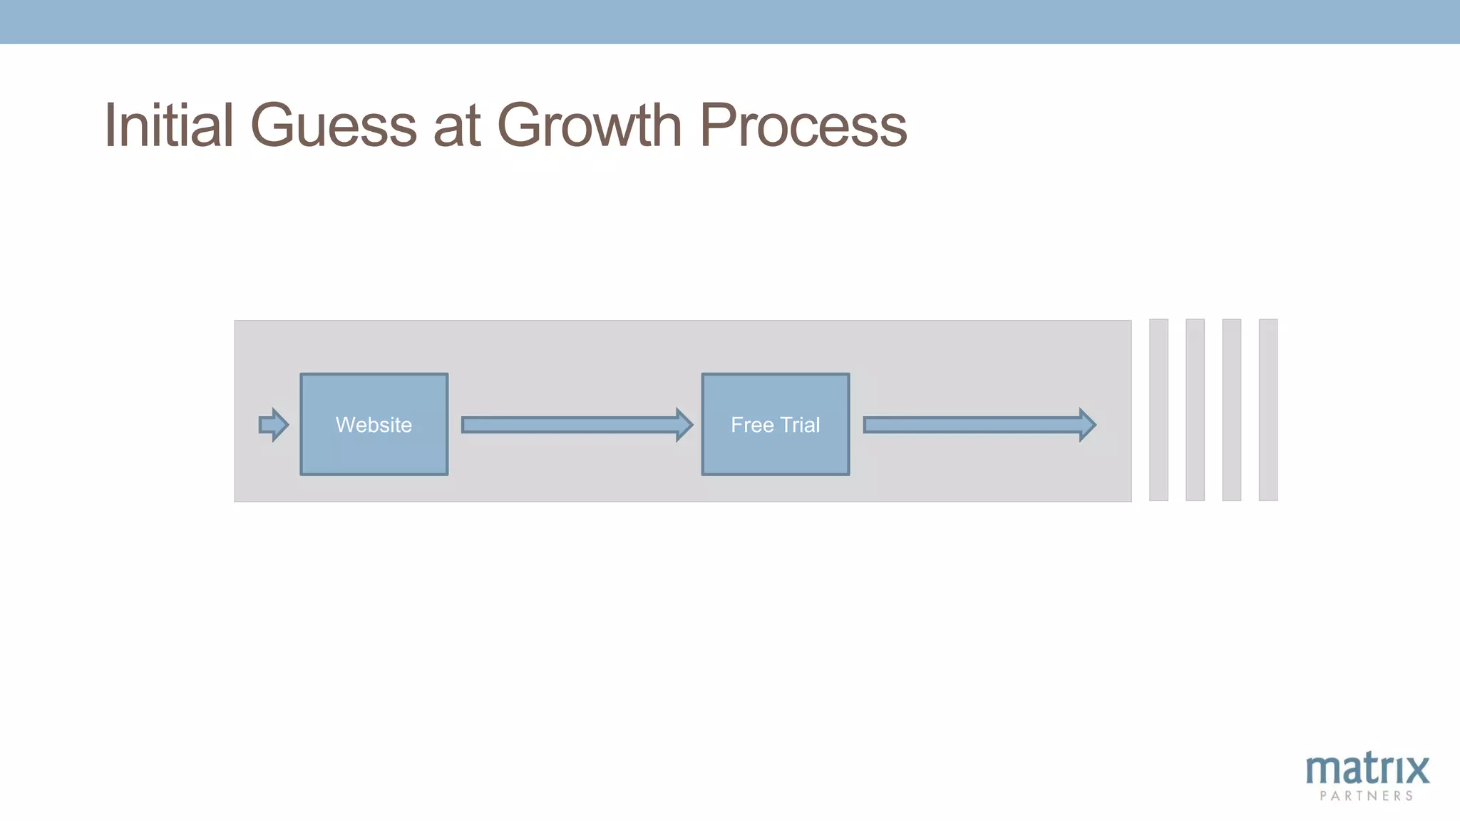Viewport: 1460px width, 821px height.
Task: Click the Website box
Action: point(374,424)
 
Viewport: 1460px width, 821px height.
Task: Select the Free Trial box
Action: point(775,424)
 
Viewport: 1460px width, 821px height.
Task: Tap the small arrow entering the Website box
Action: point(273,425)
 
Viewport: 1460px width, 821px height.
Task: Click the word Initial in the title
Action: point(169,125)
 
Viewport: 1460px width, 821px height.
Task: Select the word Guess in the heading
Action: point(333,125)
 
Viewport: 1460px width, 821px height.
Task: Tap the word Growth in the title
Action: point(590,125)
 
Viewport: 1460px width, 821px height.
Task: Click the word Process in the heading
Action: point(803,125)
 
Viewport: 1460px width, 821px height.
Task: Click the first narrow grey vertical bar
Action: point(1158,410)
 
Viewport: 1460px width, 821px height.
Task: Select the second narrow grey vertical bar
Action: point(1195,410)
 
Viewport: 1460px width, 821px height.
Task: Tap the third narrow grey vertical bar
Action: point(1231,410)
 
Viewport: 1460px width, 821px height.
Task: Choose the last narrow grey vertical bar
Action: point(1268,410)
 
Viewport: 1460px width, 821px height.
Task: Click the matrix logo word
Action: point(1367,770)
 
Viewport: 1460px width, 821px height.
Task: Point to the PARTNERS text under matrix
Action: point(1366,796)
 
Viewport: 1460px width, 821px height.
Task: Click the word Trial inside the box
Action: point(800,425)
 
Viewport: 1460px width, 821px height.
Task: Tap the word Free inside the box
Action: point(752,425)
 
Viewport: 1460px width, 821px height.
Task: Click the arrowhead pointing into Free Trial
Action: point(684,425)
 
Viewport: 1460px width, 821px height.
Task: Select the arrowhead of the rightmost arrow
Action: point(1086,425)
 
